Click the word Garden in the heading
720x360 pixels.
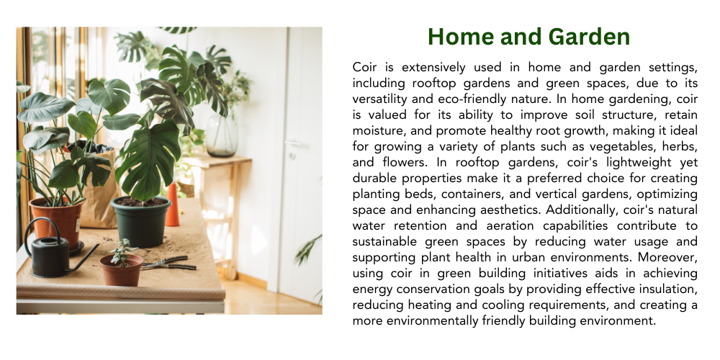point(589,37)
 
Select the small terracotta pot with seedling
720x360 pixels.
point(121,270)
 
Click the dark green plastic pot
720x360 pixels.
point(140,221)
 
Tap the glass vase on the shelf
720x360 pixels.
point(221,135)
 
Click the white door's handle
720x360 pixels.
point(292,144)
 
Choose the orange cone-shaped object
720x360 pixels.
point(172,204)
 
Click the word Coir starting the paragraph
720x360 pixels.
point(364,68)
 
